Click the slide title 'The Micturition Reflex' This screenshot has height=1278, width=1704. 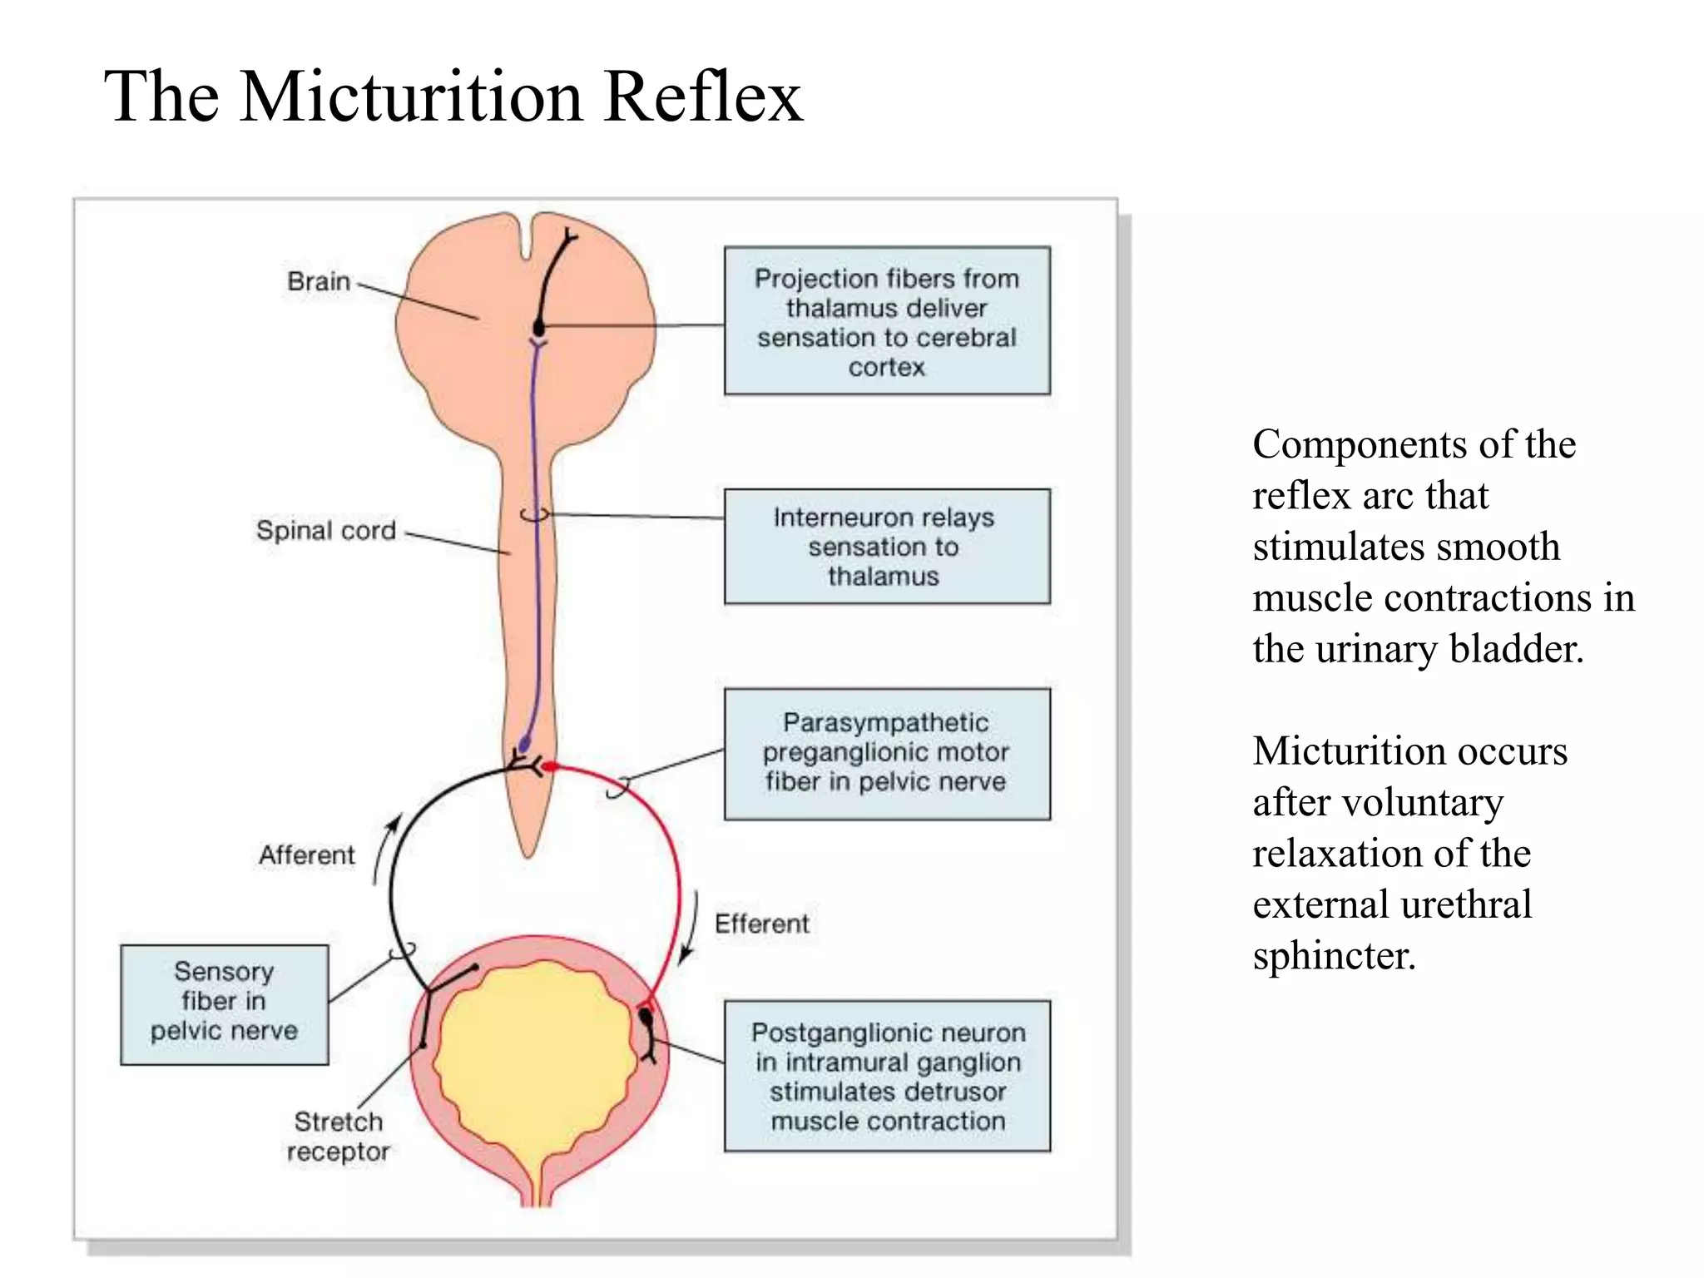pyautogui.click(x=453, y=97)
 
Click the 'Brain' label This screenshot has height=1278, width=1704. pyautogui.click(x=319, y=281)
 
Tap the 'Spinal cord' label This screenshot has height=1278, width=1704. pyautogui.click(x=325, y=530)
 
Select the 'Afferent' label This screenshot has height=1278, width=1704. pyautogui.click(x=306, y=854)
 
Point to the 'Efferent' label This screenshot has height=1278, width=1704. pyautogui.click(x=761, y=924)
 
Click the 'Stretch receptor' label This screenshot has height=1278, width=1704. pyautogui.click(x=338, y=1137)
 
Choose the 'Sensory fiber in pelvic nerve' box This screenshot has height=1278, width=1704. pyautogui.click(x=224, y=1004)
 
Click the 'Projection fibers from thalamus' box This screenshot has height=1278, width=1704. pyautogui.click(x=887, y=320)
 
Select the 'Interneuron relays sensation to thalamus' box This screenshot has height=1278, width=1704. pyautogui.click(x=887, y=546)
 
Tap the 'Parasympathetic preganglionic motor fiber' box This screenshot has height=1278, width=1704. pyautogui.click(x=887, y=753)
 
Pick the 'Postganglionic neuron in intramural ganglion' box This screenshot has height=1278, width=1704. pyautogui.click(x=887, y=1076)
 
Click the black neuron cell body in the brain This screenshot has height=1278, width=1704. pyautogui.click(x=539, y=328)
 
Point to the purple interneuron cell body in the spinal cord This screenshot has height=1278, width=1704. pyautogui.click(x=525, y=743)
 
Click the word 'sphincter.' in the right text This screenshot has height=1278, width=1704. pyautogui.click(x=1334, y=956)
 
